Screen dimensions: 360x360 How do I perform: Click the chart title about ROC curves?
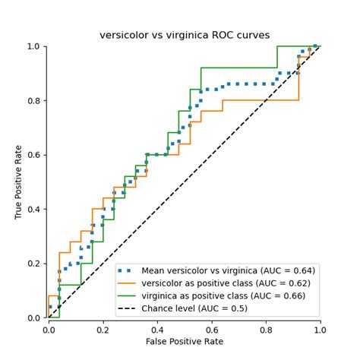[x=184, y=36]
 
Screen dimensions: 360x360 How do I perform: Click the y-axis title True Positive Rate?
[x=18, y=182]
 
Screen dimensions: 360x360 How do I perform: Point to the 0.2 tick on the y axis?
[x=34, y=264]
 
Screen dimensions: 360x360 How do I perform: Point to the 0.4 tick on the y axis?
[x=34, y=209]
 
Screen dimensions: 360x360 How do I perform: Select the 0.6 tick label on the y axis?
[x=34, y=155]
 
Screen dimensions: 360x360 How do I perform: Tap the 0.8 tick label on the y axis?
[x=34, y=100]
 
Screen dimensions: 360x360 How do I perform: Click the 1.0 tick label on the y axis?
[x=34, y=46]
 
